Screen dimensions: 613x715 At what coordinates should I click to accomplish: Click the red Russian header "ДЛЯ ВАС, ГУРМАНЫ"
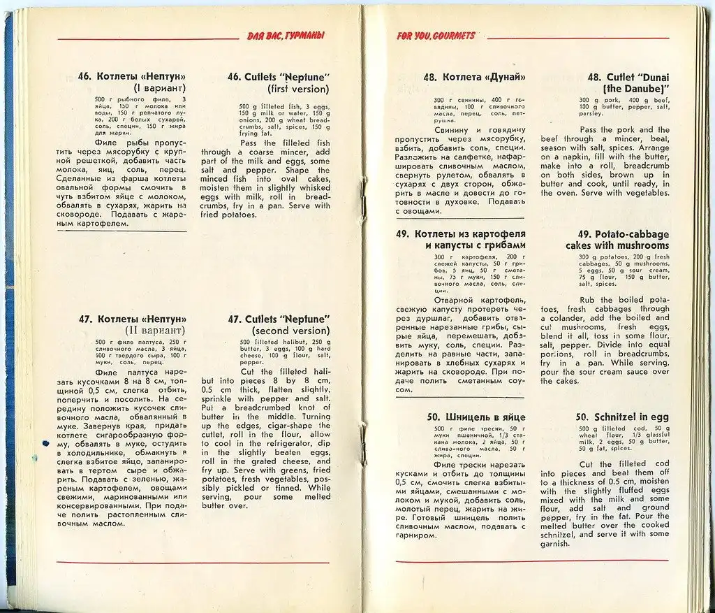point(286,36)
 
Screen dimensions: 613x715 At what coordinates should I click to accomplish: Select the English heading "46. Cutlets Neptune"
point(278,77)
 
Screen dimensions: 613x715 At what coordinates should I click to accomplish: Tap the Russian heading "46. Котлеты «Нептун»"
point(132,76)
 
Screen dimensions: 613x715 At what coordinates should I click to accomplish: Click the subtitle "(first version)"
point(298,89)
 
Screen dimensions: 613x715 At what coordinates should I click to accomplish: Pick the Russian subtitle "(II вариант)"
point(154,330)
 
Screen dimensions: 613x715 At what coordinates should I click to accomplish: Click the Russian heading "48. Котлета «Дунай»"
point(474,78)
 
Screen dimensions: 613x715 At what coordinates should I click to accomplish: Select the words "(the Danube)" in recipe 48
point(636,89)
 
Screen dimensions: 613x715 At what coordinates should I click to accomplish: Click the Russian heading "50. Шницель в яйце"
point(476,417)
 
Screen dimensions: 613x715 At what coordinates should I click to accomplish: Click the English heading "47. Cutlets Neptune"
point(279,319)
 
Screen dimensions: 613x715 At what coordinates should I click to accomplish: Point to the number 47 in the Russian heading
point(86,319)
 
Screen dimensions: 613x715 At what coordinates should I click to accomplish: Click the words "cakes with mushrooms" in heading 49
point(617,246)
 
